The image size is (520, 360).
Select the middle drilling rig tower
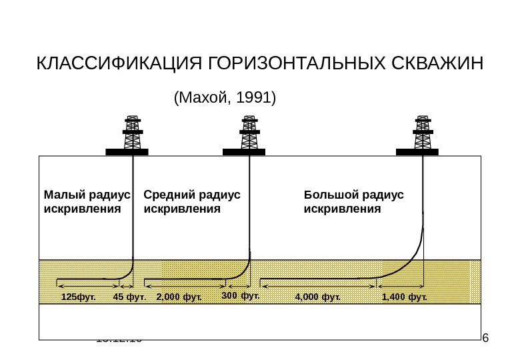(249, 133)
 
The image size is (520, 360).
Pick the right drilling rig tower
(422, 133)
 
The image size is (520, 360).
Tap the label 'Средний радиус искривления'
(191, 201)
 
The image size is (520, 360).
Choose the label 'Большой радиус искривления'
(353, 201)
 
